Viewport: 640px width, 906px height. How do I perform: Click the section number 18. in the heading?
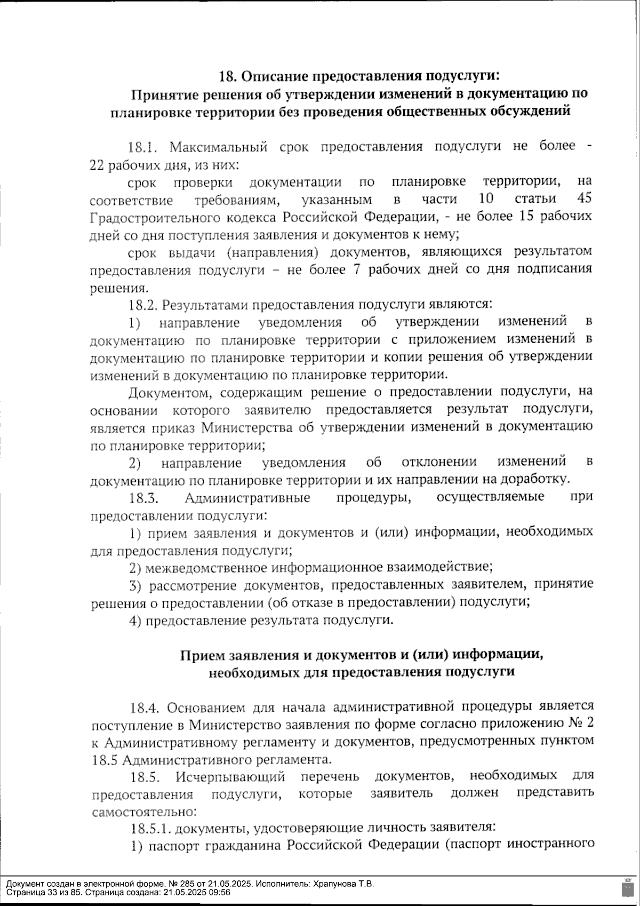(x=228, y=76)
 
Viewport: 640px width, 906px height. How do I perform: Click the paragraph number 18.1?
(x=140, y=147)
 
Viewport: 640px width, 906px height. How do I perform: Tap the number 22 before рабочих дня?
(x=97, y=165)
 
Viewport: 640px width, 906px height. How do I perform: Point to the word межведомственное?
(x=205, y=567)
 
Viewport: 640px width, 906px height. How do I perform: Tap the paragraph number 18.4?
(x=145, y=708)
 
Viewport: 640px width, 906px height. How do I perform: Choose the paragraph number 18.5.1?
(x=150, y=828)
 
